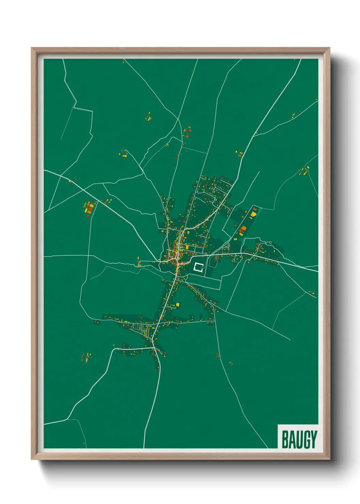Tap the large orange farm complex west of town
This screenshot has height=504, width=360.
(89, 208)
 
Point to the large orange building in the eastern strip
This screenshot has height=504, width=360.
(243, 229)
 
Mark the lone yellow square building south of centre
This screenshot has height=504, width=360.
(178, 304)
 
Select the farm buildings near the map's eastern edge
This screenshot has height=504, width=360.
(305, 170)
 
